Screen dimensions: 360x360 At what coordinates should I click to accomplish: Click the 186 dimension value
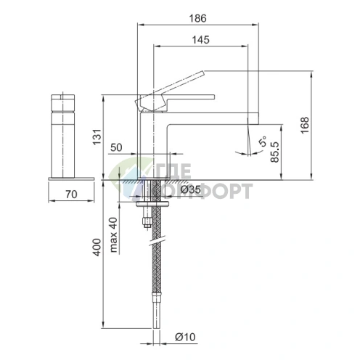[197, 18]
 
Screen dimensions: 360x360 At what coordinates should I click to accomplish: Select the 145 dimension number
[200, 40]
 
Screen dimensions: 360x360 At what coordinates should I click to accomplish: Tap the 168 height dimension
[305, 125]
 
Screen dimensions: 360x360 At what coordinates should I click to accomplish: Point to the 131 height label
[97, 137]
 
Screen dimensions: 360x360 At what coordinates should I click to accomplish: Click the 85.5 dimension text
[275, 152]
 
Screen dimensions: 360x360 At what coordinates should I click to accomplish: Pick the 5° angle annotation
[263, 141]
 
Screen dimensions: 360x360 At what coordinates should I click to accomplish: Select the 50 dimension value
[116, 147]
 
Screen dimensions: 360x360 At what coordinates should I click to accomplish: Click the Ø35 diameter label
[191, 189]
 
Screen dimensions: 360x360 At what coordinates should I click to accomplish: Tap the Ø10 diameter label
[185, 337]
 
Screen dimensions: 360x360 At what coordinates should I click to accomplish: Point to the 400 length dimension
[97, 247]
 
